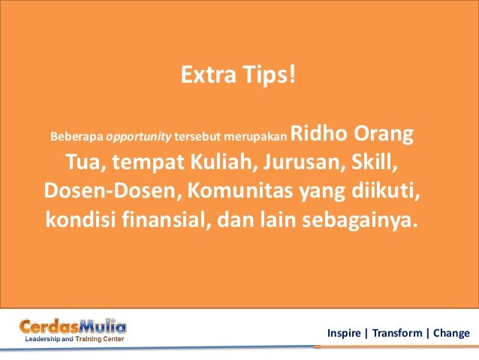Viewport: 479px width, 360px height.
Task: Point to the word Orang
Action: coord(382,134)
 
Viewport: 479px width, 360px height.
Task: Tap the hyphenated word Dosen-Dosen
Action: coord(108,192)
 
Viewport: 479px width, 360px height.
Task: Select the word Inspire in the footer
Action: coord(344,332)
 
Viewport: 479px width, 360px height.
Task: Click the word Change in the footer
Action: coord(449,332)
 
